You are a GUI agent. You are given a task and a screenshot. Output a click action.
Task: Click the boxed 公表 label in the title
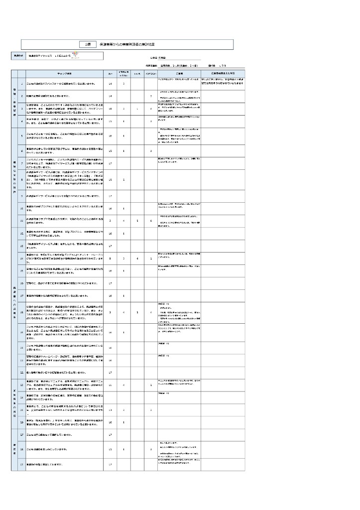click(x=88, y=44)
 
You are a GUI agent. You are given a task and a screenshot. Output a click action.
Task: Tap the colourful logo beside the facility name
click(x=76, y=55)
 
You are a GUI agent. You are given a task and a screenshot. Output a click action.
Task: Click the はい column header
click(x=110, y=73)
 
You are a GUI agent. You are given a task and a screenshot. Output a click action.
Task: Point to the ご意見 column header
click(x=179, y=73)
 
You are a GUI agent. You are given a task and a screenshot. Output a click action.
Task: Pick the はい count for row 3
click(x=110, y=108)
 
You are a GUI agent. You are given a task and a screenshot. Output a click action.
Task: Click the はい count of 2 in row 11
click(x=110, y=220)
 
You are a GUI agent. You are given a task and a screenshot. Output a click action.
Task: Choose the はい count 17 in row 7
click(x=110, y=163)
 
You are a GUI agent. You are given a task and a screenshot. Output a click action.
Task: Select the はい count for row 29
click(x=110, y=465)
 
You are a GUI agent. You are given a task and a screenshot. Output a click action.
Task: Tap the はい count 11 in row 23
click(x=110, y=384)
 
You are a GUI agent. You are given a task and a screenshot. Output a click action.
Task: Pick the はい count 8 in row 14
click(x=110, y=258)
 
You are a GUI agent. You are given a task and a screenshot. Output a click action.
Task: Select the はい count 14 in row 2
click(x=110, y=95)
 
